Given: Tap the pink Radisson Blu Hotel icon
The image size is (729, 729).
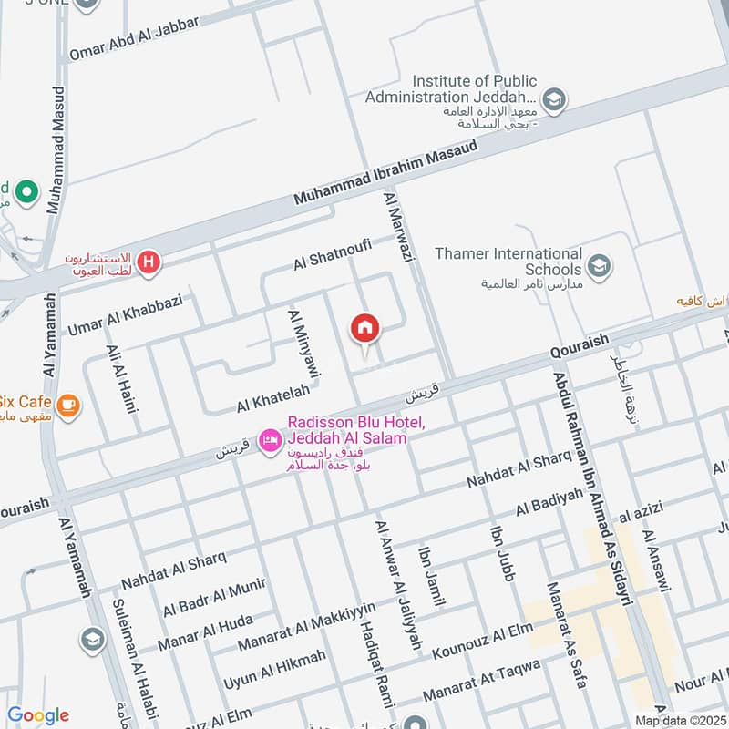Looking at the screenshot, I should (x=270, y=442).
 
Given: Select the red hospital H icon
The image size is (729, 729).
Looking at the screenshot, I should (x=149, y=264).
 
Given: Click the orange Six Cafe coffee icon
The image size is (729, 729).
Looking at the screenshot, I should (x=67, y=403).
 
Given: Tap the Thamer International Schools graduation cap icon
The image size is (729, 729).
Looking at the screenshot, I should (x=599, y=266).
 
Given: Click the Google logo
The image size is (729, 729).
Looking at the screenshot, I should (x=37, y=714).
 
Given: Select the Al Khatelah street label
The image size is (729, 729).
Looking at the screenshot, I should (x=273, y=396).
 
